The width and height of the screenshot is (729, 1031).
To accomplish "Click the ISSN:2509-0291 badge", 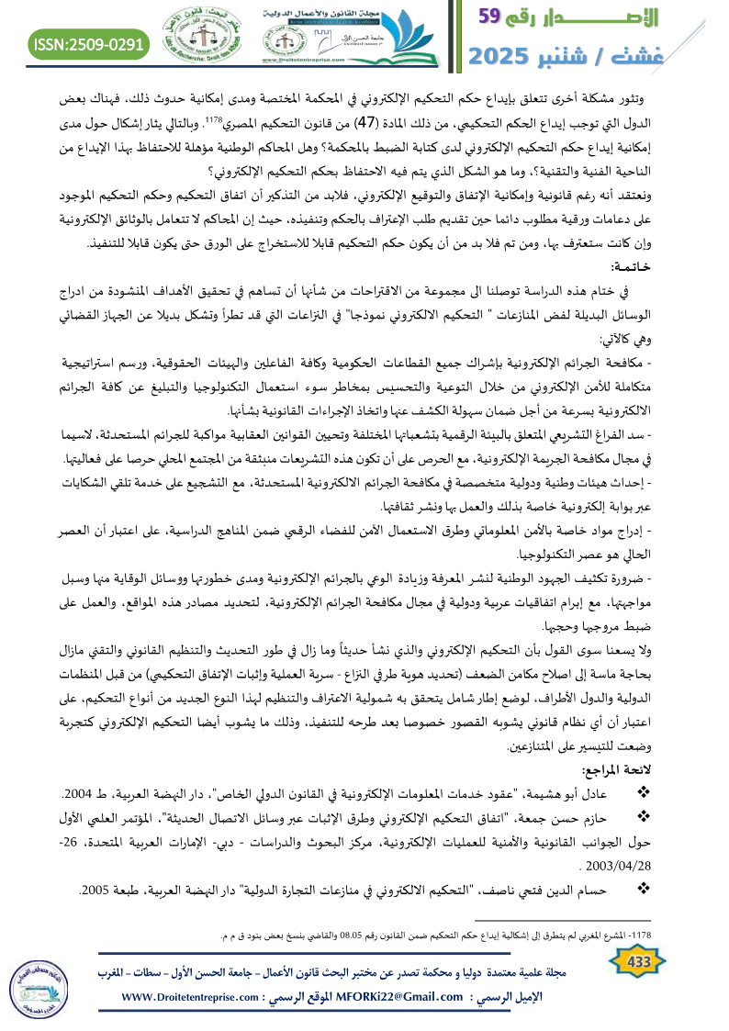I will pyautogui.click(x=90, y=43).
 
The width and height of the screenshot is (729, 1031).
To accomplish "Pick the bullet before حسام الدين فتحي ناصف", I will pyautogui.click(x=643, y=888).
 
